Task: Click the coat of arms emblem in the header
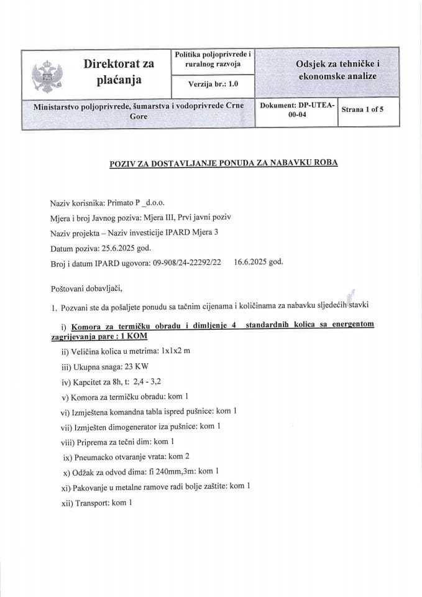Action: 47,73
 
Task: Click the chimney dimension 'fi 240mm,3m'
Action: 172,471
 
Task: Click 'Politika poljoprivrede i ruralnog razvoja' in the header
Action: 213,60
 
